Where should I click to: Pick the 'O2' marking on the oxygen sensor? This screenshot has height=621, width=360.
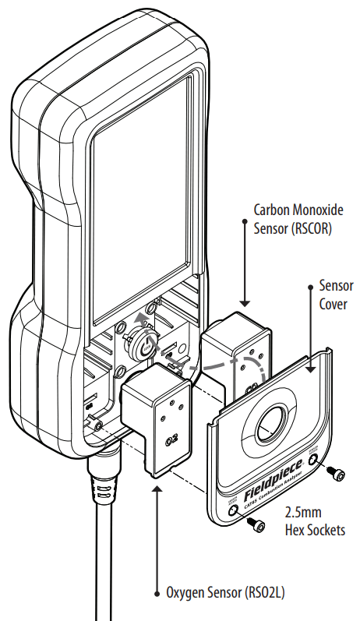tap(168, 442)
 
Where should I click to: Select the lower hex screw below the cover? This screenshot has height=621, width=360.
tap(258, 527)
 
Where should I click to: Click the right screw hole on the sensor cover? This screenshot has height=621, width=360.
tap(314, 460)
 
